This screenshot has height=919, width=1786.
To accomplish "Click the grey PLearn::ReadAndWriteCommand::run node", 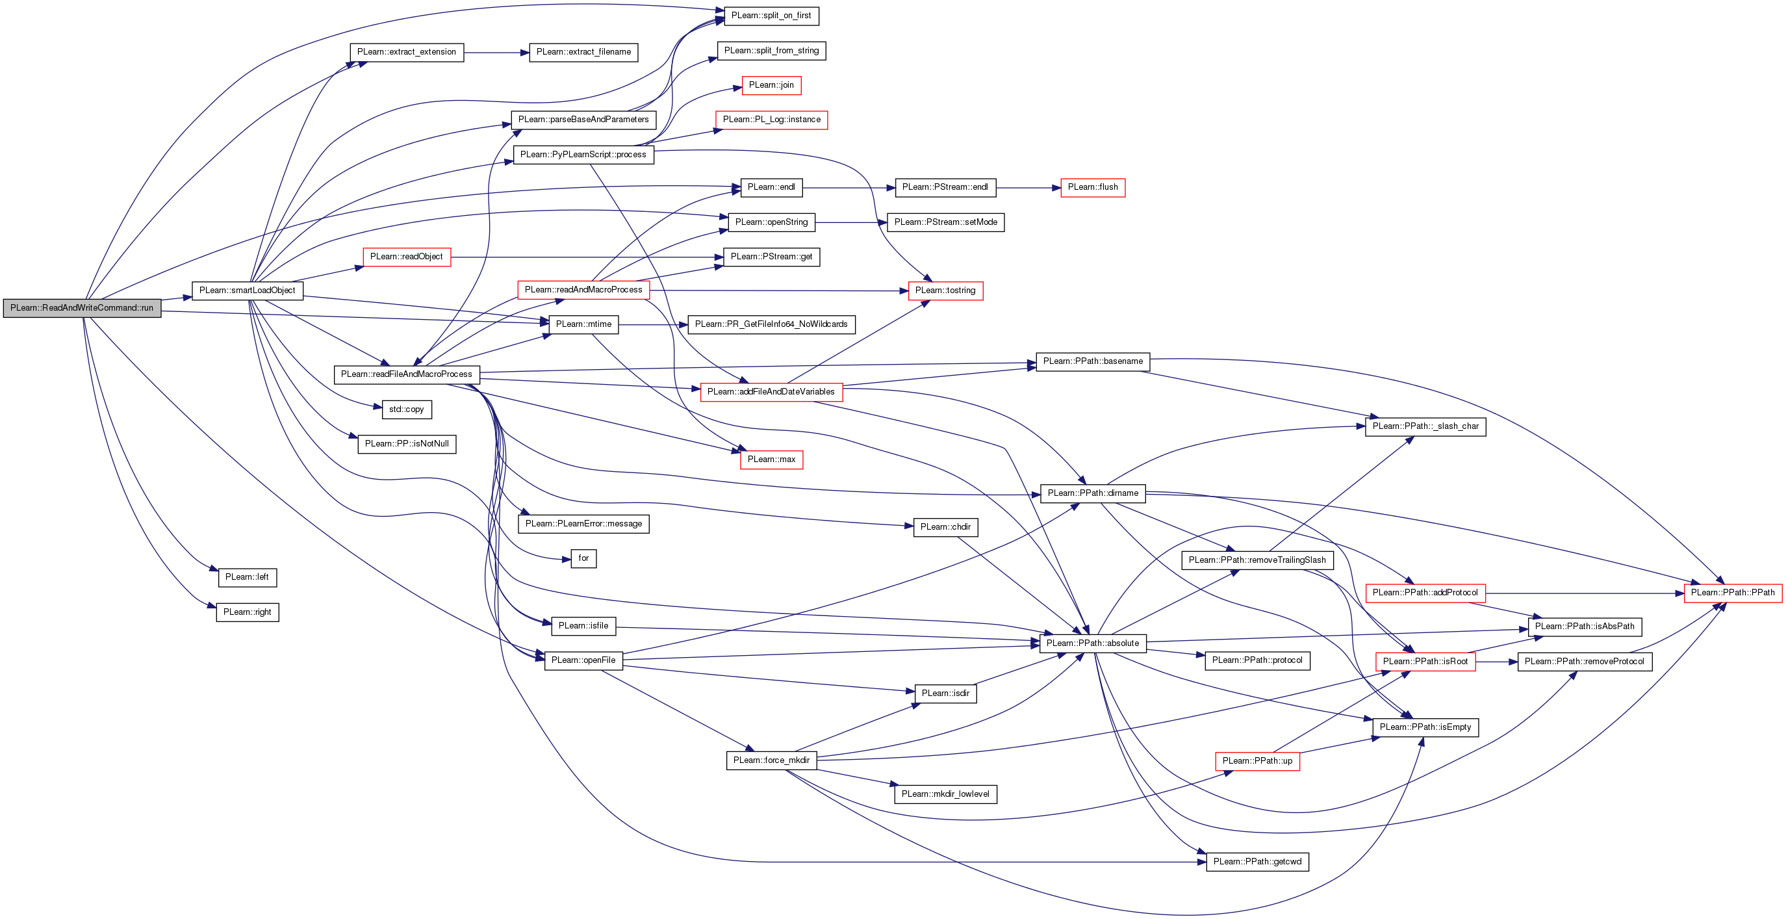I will coord(82,309).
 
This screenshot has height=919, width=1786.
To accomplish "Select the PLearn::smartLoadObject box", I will coord(248,291).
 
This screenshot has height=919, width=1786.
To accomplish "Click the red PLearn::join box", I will coord(771,85).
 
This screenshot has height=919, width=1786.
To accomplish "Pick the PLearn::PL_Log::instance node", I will coord(771,120).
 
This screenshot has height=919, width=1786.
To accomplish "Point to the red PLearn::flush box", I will coord(1092,187).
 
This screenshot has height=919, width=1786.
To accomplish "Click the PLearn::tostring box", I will coord(945,291).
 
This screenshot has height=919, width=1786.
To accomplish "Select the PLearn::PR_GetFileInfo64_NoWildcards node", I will coord(771,324).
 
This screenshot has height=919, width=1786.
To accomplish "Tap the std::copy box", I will coord(406,410).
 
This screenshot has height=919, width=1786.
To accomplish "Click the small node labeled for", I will coord(583,558).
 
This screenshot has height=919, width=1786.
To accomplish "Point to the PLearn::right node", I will coord(247,612).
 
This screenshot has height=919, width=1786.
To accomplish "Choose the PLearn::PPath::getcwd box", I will coord(1257,862).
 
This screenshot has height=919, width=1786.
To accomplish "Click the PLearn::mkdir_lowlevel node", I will coord(945,794).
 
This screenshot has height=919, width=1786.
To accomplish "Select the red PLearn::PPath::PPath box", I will coord(1732,593).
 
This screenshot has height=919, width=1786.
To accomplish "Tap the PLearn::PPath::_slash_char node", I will coord(1425,426).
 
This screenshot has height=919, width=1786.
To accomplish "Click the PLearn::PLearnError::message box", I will coord(583,524).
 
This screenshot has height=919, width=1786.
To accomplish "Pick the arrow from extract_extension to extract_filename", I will coord(496,53).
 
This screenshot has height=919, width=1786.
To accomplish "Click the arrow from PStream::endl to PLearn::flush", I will coord(1028,188).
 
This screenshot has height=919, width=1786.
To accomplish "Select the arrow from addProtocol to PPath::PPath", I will coord(1584,593).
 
